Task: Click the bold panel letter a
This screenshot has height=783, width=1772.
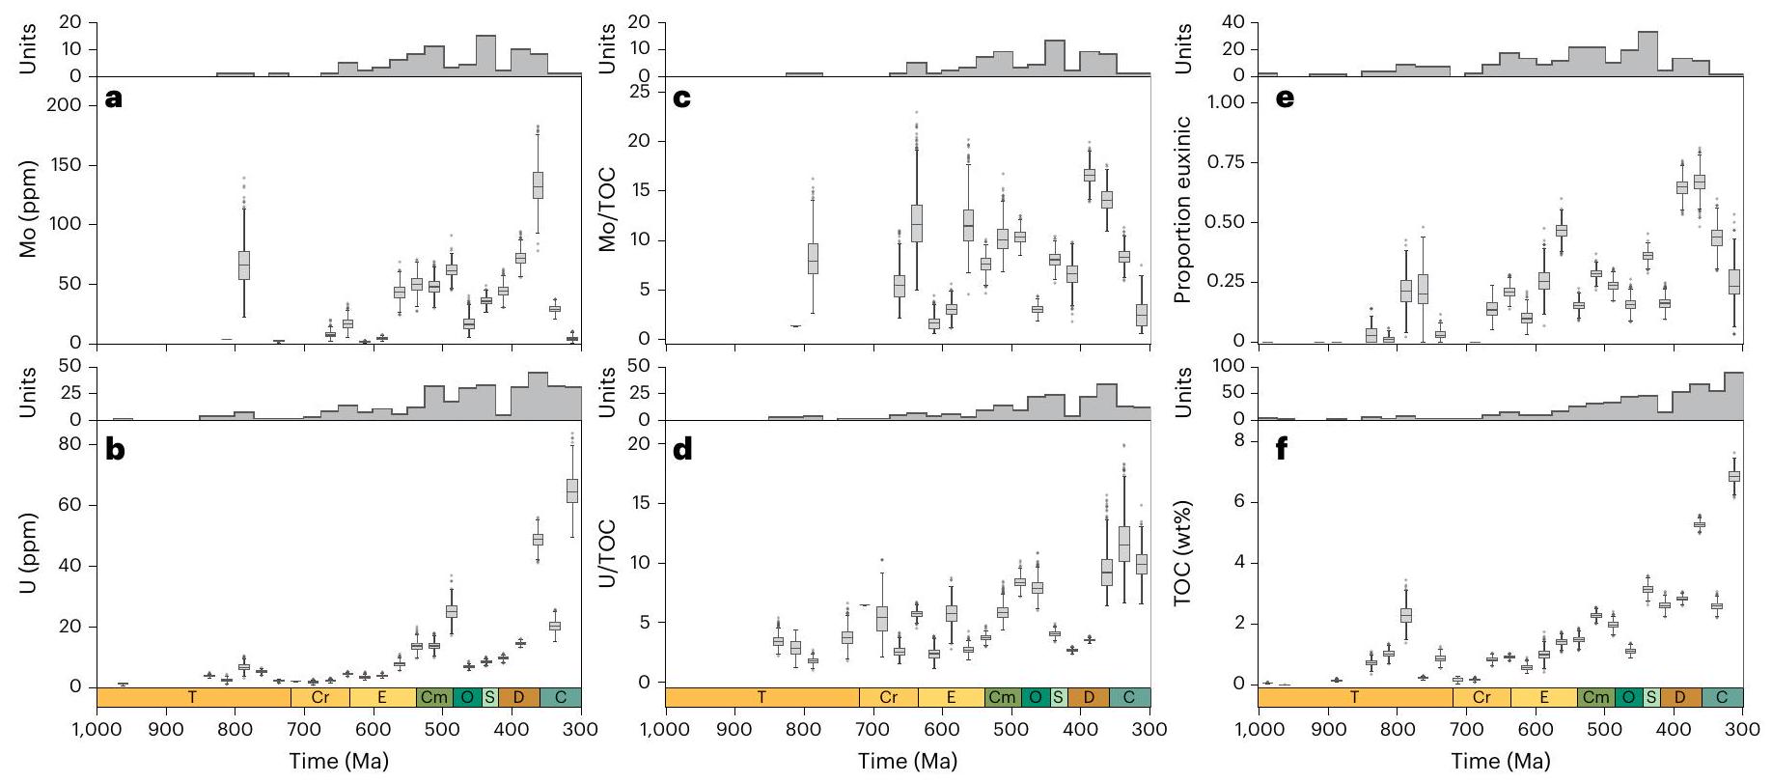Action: click(113, 98)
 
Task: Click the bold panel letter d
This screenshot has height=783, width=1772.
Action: click(683, 450)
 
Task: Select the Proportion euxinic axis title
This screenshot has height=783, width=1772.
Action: click(1183, 210)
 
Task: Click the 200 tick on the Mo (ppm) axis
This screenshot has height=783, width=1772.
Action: click(72, 104)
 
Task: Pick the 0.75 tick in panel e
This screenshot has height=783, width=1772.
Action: click(1227, 162)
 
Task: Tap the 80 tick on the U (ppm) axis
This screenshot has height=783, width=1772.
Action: click(76, 445)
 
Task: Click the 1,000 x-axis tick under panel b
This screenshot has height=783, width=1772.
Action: click(97, 730)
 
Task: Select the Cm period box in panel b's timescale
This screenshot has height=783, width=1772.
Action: click(434, 697)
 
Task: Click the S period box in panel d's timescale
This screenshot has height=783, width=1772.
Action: click(1058, 697)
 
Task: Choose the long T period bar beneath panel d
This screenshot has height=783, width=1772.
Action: click(762, 697)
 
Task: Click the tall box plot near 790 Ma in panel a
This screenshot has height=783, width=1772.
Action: click(244, 265)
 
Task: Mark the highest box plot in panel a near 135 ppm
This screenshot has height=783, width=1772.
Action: click(538, 184)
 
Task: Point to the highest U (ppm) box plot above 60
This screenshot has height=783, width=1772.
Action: click(572, 489)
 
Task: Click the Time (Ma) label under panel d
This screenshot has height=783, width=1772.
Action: click(908, 761)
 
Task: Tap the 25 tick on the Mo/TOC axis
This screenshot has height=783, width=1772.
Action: click(643, 92)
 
